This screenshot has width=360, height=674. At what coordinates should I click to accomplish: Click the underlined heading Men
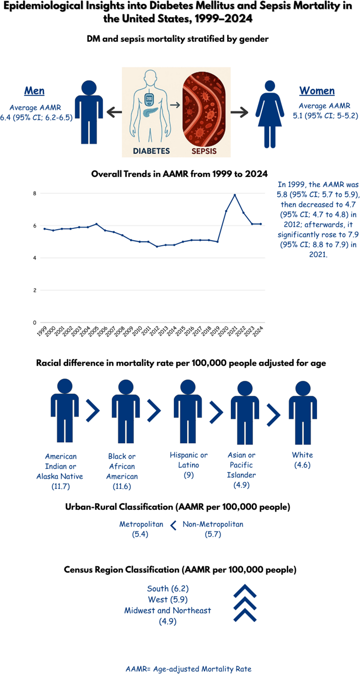pyautogui.click(x=34, y=91)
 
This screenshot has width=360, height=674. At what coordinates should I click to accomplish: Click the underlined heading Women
pyautogui.click(x=317, y=91)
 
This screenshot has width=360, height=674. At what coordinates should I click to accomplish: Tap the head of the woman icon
pyautogui.click(x=270, y=86)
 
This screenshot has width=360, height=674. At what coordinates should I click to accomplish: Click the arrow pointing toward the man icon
pyautogui.click(x=114, y=112)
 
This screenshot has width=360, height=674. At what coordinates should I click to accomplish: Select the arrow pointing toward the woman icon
pyautogui.click(x=239, y=112)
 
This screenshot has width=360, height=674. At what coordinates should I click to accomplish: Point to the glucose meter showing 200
pyautogui.click(x=149, y=99)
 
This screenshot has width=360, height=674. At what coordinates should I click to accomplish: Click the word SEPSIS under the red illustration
pyautogui.click(x=204, y=151)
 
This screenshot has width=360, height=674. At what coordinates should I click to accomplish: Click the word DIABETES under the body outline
pyautogui.click(x=151, y=151)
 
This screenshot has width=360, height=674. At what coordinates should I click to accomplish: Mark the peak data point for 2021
pyautogui.click(x=235, y=195)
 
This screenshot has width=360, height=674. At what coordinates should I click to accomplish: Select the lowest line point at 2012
pyautogui.click(x=157, y=247)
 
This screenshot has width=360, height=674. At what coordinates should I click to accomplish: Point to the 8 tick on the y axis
pyautogui.click(x=35, y=194)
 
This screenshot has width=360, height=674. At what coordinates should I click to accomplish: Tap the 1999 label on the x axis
pyautogui.click(x=42, y=331)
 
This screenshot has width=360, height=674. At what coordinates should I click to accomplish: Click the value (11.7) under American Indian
pyautogui.click(x=61, y=486)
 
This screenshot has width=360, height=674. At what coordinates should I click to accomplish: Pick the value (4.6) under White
pyautogui.click(x=302, y=465)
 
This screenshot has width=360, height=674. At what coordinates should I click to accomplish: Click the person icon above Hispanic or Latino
pyautogui.click(x=188, y=411)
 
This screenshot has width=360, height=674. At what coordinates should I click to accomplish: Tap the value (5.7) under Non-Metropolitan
pyautogui.click(x=213, y=534)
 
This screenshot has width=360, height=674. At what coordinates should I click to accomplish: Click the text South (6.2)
pyautogui.click(x=168, y=588)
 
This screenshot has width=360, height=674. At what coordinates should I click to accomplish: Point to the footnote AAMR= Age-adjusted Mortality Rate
pyautogui.click(x=188, y=669)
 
